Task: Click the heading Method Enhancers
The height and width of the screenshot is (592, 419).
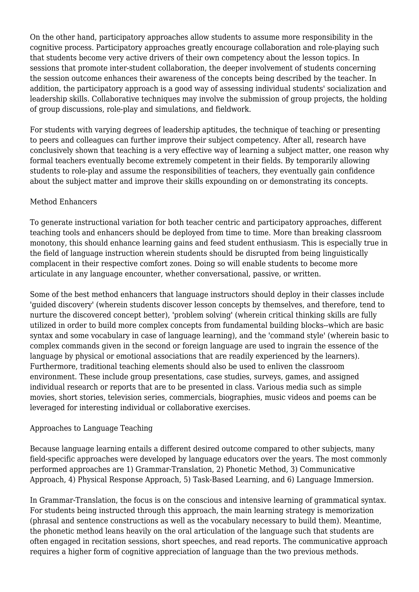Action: click(x=63, y=202)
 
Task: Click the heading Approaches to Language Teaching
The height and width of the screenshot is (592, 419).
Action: click(x=91, y=428)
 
